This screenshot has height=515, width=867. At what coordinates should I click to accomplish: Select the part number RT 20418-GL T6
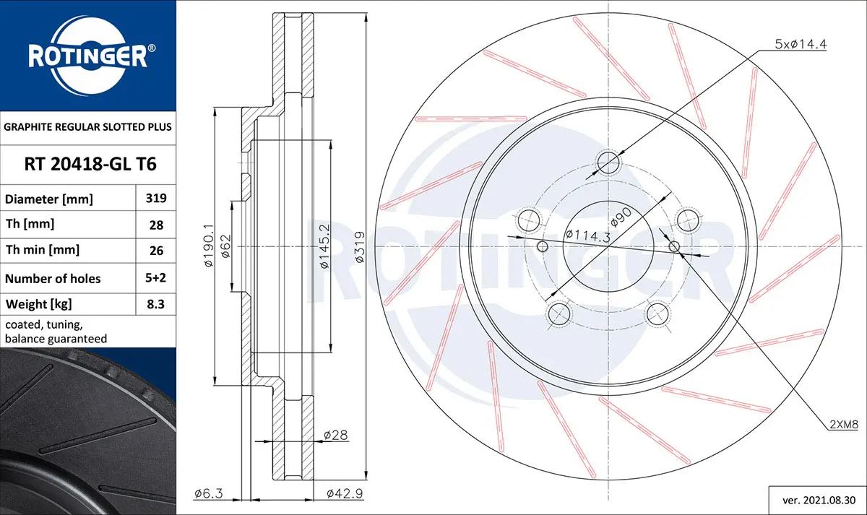tap(90, 164)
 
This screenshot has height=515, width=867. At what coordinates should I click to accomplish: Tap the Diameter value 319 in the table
tap(156, 198)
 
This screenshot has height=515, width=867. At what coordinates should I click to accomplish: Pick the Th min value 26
tap(156, 251)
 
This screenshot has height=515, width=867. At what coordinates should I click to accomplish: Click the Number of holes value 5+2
tap(155, 278)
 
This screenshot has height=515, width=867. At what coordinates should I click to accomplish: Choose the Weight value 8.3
tap(155, 304)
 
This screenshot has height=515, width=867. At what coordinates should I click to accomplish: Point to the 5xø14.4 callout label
tap(801, 44)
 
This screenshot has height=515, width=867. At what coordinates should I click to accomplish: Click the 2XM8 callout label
tap(844, 425)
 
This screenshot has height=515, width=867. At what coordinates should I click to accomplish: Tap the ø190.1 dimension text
tap(209, 246)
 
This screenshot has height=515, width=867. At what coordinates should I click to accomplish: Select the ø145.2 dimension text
tap(324, 246)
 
